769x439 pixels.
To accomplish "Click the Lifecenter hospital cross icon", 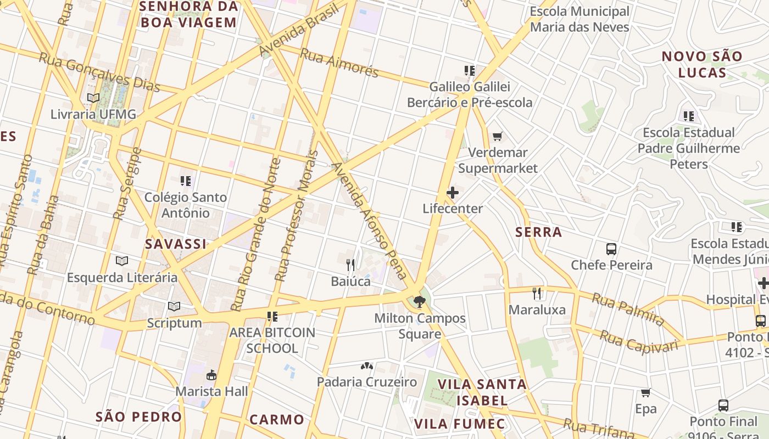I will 453,193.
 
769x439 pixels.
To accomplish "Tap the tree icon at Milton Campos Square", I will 419,301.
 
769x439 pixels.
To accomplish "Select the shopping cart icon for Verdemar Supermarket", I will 498,136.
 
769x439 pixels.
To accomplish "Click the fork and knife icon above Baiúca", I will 350,265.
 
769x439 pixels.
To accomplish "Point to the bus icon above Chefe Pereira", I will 611,249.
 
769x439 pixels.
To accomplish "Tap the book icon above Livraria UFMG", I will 93,98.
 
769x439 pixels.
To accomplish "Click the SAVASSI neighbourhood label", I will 176,244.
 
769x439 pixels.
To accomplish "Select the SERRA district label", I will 538,232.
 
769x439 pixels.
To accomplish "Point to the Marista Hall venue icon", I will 211,375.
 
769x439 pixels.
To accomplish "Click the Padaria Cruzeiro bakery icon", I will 367,365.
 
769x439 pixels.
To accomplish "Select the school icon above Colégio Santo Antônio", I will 186,181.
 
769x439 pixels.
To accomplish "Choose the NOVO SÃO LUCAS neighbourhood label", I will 701,64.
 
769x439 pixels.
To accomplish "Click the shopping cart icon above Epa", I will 646,393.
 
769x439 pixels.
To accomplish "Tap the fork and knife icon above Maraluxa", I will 537,294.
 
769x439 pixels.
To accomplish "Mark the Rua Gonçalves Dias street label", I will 99,72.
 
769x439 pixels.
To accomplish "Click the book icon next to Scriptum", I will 174,306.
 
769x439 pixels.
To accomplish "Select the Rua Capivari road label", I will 638,341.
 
